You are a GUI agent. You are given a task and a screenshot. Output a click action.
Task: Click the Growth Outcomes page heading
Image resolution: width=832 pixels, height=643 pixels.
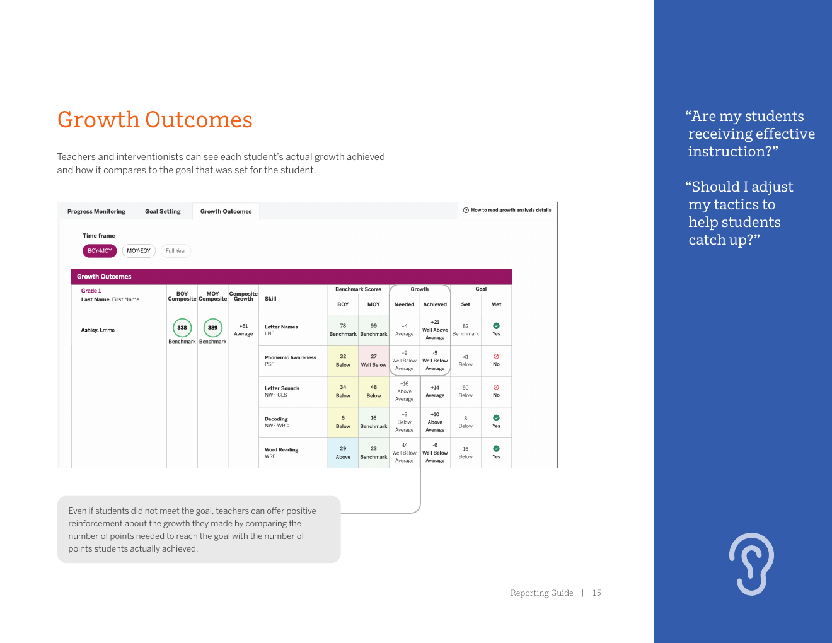(154, 120)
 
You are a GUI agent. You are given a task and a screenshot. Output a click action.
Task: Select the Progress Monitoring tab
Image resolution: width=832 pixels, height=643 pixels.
(96, 212)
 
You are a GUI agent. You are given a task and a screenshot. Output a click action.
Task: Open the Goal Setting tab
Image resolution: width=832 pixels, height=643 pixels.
(163, 212)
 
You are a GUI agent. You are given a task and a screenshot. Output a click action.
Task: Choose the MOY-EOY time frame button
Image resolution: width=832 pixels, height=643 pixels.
(139, 251)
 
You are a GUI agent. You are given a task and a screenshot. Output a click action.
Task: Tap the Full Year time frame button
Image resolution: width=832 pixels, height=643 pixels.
(176, 251)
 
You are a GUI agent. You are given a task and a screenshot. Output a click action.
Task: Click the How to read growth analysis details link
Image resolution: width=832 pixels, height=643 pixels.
(507, 211)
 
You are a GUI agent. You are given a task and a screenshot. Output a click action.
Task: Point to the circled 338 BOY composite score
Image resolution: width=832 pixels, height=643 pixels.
(182, 328)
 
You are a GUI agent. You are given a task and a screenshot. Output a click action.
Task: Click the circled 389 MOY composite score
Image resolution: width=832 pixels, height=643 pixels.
(213, 328)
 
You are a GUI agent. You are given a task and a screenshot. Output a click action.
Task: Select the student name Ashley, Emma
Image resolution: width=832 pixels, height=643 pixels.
(98, 330)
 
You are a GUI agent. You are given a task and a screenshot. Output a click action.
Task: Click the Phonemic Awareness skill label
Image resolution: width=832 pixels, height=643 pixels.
(290, 357)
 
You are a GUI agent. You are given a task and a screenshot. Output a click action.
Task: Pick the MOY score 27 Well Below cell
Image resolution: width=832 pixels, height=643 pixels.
(374, 361)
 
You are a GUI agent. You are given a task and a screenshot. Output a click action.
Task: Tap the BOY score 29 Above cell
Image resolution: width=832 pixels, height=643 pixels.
(343, 453)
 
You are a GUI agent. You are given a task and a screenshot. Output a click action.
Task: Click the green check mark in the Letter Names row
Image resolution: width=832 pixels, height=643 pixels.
(496, 326)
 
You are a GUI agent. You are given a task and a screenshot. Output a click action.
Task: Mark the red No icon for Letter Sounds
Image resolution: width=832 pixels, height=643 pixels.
(496, 387)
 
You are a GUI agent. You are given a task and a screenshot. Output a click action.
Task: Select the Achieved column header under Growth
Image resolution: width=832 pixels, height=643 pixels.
(435, 304)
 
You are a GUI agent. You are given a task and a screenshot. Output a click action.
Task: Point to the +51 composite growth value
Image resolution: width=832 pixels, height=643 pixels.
(243, 327)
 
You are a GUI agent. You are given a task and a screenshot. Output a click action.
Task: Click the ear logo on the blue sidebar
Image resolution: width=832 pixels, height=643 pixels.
(751, 564)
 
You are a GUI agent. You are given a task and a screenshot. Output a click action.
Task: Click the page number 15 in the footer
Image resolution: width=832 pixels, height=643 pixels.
(596, 593)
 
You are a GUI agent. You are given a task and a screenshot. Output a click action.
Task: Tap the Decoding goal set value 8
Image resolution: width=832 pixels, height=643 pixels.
(466, 418)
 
